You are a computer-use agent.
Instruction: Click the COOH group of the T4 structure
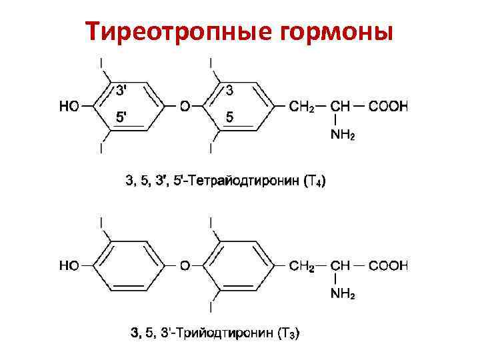388,105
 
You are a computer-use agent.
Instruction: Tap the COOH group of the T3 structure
388,265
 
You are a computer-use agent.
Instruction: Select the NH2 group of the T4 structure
343,136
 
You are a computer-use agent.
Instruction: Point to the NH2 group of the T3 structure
343,295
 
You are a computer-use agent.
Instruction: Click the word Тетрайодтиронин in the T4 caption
242,180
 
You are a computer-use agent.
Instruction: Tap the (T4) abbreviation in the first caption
314,180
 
